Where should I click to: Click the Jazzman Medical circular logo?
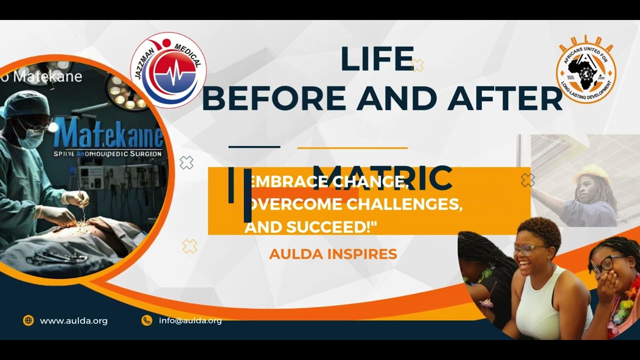(x=168, y=70)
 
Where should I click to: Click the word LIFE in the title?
(x=377, y=59)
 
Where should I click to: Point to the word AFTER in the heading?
(x=505, y=98)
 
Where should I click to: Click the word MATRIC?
(x=382, y=177)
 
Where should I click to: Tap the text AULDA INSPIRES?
(x=333, y=254)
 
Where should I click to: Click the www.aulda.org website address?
(x=73, y=321)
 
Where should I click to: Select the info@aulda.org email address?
(x=190, y=320)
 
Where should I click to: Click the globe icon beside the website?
(x=28, y=320)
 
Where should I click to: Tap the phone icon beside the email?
(x=146, y=320)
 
